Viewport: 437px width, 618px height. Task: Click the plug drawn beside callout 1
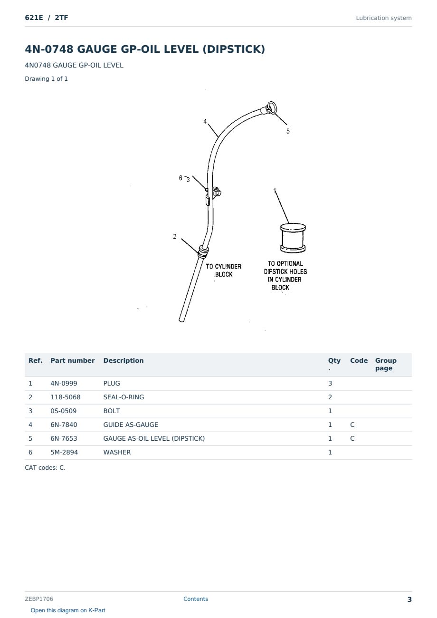(293, 238)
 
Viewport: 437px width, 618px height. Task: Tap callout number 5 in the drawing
(288, 131)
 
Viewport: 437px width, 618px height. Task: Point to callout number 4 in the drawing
(205, 121)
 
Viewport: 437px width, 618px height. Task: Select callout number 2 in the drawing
(174, 236)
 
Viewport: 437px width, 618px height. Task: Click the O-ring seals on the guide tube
(203, 251)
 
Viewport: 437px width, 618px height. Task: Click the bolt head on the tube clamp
(218, 193)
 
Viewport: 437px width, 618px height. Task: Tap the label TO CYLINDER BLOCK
(224, 270)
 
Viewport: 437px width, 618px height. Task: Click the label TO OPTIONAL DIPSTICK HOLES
(285, 267)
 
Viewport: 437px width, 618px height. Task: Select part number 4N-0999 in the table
(64, 383)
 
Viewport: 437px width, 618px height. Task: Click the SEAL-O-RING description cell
(123, 397)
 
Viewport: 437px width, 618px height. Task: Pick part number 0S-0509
(64, 411)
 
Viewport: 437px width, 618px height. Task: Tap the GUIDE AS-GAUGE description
(131, 425)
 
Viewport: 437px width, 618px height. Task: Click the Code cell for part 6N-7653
(352, 438)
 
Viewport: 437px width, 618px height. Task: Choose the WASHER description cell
(117, 452)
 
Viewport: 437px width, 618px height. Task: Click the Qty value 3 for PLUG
(330, 383)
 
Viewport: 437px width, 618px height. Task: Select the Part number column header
(73, 360)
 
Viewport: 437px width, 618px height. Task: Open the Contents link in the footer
(196, 599)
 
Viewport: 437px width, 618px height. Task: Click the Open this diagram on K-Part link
(68, 610)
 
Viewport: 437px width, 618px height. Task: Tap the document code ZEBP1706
(39, 599)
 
